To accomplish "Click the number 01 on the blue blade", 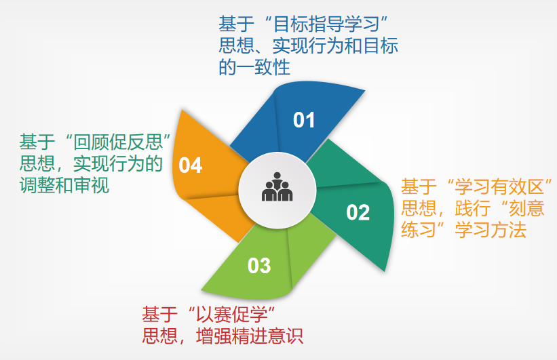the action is [304, 120].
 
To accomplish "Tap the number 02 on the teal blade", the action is [358, 213].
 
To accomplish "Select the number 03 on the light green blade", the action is [259, 266].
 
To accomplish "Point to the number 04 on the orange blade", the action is [191, 165].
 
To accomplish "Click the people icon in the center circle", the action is [277, 187].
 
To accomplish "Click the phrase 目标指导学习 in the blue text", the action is [326, 24].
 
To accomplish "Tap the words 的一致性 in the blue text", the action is [254, 67].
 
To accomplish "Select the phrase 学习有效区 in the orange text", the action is [499, 187].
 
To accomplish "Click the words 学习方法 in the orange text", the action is [491, 230].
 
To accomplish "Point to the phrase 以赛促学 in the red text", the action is [232, 314].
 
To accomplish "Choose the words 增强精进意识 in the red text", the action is [250, 336].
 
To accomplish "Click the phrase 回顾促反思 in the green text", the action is [118, 142].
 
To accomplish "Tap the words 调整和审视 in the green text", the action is [64, 185].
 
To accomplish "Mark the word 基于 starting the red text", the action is [159, 314].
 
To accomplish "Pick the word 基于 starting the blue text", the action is [236, 24].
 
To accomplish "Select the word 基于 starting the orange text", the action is [419, 187].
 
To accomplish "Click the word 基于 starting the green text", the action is [37, 142].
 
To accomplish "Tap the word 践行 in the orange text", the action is [472, 208].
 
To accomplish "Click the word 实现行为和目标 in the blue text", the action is [335, 46].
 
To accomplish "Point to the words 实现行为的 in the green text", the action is [118, 163].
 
